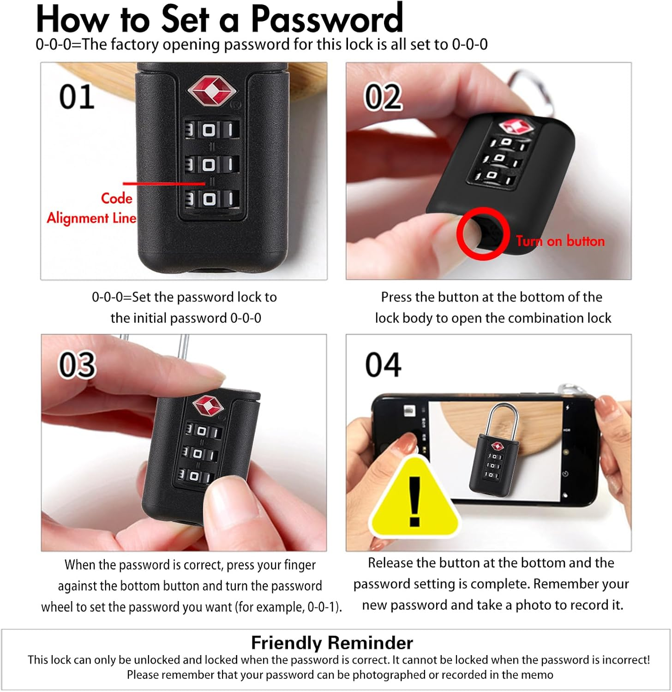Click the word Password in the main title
pyautogui.click(x=327, y=19)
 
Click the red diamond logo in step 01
pyautogui.click(x=211, y=90)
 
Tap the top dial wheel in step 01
pyautogui.click(x=211, y=130)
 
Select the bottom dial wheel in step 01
pyautogui.click(x=211, y=199)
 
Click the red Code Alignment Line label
pyautogui.click(x=92, y=208)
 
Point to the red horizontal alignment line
pyautogui.click(x=164, y=183)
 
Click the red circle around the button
pyautogui.click(x=483, y=233)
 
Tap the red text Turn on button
pyautogui.click(x=560, y=241)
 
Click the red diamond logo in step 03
pyautogui.click(x=208, y=406)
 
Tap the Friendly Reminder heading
pyautogui.click(x=332, y=643)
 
